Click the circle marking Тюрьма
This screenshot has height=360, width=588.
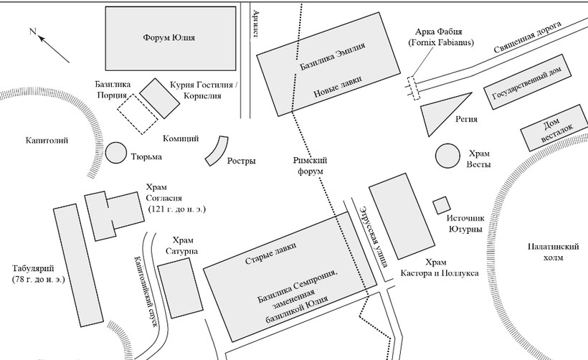[x=116, y=153]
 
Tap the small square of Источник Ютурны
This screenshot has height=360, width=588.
[x=441, y=204]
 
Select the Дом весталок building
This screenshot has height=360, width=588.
[x=554, y=127]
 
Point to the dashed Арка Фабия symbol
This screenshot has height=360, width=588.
[x=412, y=88]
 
